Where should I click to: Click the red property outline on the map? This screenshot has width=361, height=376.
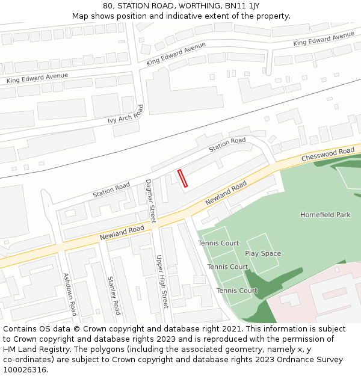click(x=182, y=178)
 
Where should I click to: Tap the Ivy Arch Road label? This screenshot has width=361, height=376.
click(x=126, y=114)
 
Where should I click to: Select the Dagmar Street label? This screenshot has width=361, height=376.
click(x=150, y=201)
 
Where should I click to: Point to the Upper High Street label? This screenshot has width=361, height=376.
click(x=161, y=281)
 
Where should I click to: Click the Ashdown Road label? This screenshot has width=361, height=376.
click(x=70, y=294)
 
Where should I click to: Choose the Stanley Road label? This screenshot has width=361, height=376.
click(x=114, y=295)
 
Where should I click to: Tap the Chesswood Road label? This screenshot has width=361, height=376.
click(x=328, y=155)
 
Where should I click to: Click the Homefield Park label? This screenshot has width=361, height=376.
click(x=326, y=215)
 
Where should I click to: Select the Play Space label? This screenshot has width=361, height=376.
click(x=263, y=253)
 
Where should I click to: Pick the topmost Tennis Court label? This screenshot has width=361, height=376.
click(x=218, y=243)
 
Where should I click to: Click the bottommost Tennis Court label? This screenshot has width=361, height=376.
click(x=237, y=291)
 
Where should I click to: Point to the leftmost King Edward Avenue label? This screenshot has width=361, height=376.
click(x=37, y=78)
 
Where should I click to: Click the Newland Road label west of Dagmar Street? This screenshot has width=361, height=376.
click(x=122, y=232)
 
